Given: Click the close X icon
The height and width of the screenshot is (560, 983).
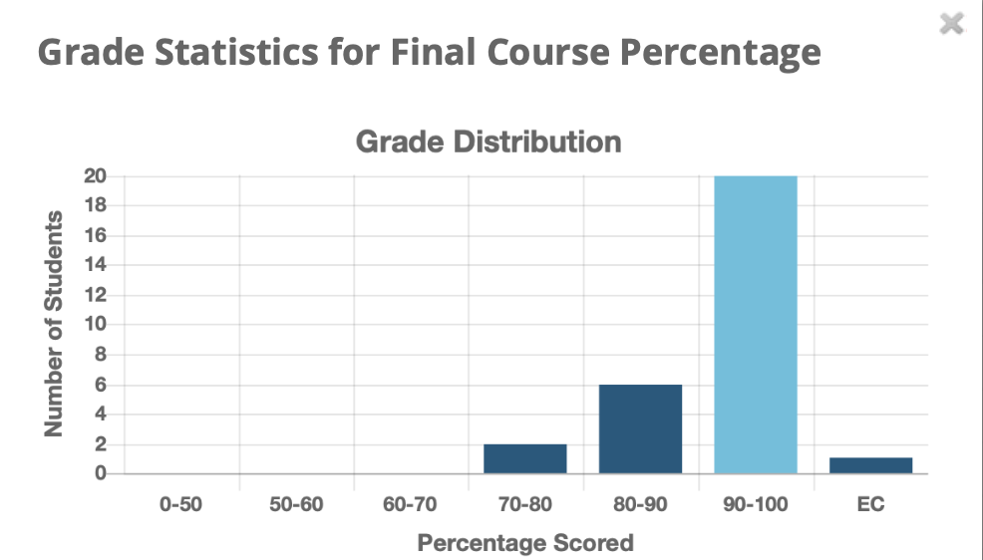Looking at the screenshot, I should coord(952,24).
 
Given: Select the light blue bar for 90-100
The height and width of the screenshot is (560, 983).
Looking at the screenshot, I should coord(756,325).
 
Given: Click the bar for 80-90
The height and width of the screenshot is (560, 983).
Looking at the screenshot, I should coord(640,429).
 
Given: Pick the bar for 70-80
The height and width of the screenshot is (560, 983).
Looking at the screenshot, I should coord(525,458).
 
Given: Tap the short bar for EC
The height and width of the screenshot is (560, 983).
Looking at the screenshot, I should coord(870,465).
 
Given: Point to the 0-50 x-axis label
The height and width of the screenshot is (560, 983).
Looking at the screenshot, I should coord(180,504).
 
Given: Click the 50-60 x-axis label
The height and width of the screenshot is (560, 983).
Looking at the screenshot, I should coord(296,504).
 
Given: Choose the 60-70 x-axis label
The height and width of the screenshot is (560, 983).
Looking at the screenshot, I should coord(411,504).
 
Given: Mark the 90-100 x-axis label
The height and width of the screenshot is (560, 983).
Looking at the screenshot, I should coord(755,504).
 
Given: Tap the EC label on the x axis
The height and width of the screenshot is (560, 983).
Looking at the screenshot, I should coord(870,504).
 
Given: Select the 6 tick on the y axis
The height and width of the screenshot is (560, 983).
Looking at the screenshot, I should coord(101,385).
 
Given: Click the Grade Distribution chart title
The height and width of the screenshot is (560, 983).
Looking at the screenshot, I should coord(489,141).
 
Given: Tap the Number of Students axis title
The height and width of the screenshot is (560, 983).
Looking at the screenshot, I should coord(54,324).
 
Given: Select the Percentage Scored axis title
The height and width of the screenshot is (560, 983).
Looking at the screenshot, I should coord(525,543).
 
